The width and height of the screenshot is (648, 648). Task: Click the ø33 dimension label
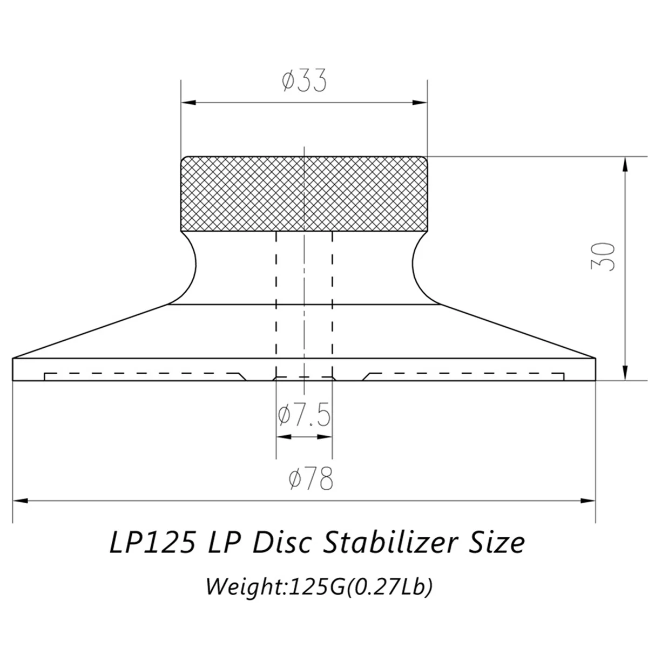[x=305, y=81]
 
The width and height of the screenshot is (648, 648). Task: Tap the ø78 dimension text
[x=310, y=478]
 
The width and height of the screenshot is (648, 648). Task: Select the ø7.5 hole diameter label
[x=303, y=416]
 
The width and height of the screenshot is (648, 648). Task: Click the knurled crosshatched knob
[x=305, y=193]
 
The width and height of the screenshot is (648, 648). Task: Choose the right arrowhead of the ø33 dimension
[x=421, y=102]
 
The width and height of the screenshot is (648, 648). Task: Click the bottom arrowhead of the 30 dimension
[x=625, y=374]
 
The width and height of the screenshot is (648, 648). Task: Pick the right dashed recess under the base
[x=464, y=375]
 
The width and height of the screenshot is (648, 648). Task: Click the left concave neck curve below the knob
[x=192, y=265]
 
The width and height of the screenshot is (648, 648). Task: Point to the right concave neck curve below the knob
[x=417, y=265]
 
